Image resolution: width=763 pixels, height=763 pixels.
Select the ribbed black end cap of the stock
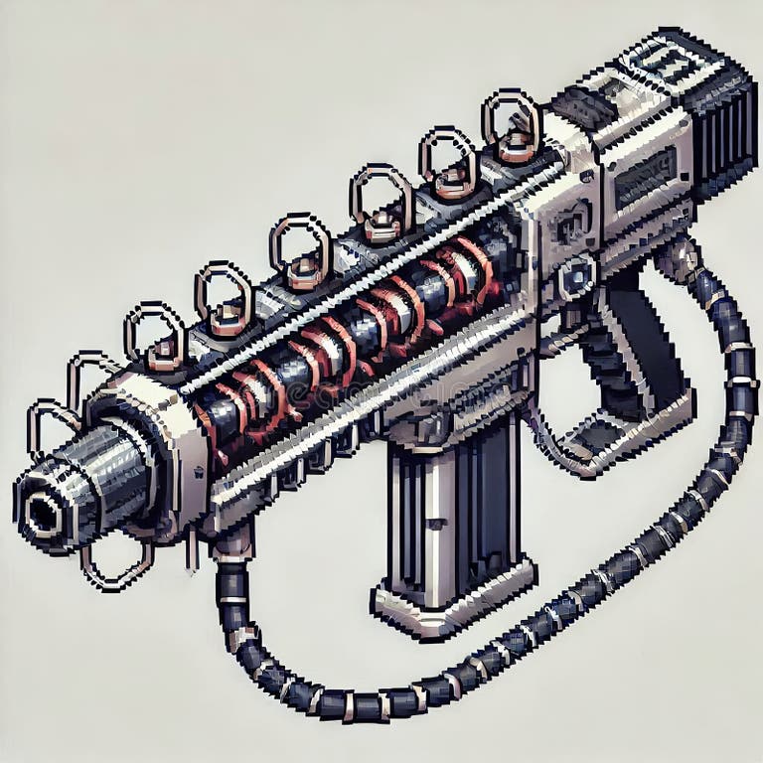tap(720, 129)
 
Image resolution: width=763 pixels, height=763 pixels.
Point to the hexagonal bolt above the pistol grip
tap(576, 278)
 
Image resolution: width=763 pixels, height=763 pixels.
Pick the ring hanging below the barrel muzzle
tap(114, 566)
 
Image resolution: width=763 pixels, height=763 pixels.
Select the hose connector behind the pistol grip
tap(680, 260)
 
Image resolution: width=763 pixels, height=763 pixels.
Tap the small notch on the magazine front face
tap(434, 524)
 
